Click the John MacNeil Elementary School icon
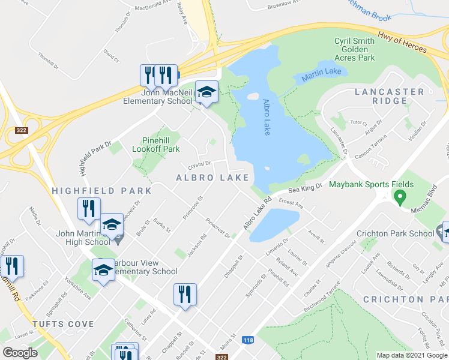pos(206,92)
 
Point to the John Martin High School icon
pos(112,225)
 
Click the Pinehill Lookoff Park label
pos(160,144)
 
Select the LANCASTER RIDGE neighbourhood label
pos(390,96)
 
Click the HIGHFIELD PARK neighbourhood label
pos(101,190)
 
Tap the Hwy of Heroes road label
pos(403,44)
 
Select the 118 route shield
pos(248,340)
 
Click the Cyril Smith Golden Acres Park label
pos(355,49)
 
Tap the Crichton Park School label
pos(395,233)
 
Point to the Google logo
pos(20,353)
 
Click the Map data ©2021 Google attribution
pos(412,355)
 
